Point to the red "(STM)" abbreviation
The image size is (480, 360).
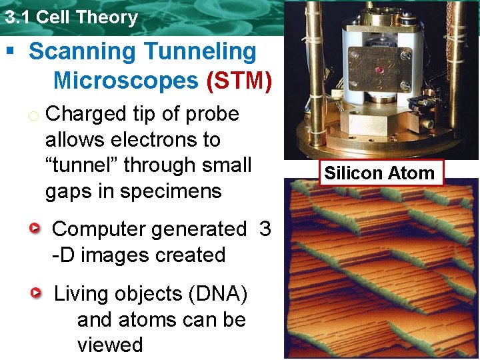pyautogui.click(x=239, y=81)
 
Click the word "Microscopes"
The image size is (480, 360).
pyautogui.click(x=125, y=81)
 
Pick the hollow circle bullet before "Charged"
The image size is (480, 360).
pyautogui.click(x=33, y=115)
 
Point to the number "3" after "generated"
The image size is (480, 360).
pyautogui.click(x=265, y=229)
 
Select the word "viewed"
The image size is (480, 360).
pyautogui.click(x=110, y=345)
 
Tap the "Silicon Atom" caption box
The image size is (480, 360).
pyautogui.click(x=379, y=173)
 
